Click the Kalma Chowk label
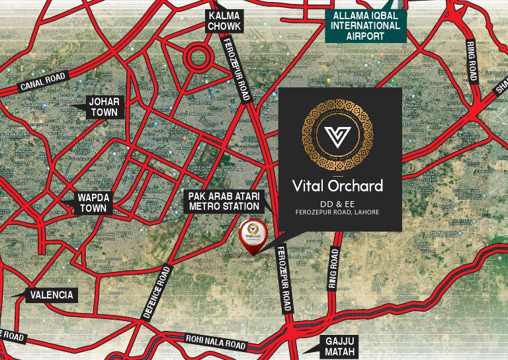224,21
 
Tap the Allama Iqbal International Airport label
365,25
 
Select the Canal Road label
43,82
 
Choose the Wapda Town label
93,202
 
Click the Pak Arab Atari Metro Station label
224,201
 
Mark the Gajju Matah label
340,347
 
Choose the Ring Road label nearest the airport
471,62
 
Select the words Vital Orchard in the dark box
337,185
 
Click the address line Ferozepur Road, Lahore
337,212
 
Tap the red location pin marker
252,237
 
